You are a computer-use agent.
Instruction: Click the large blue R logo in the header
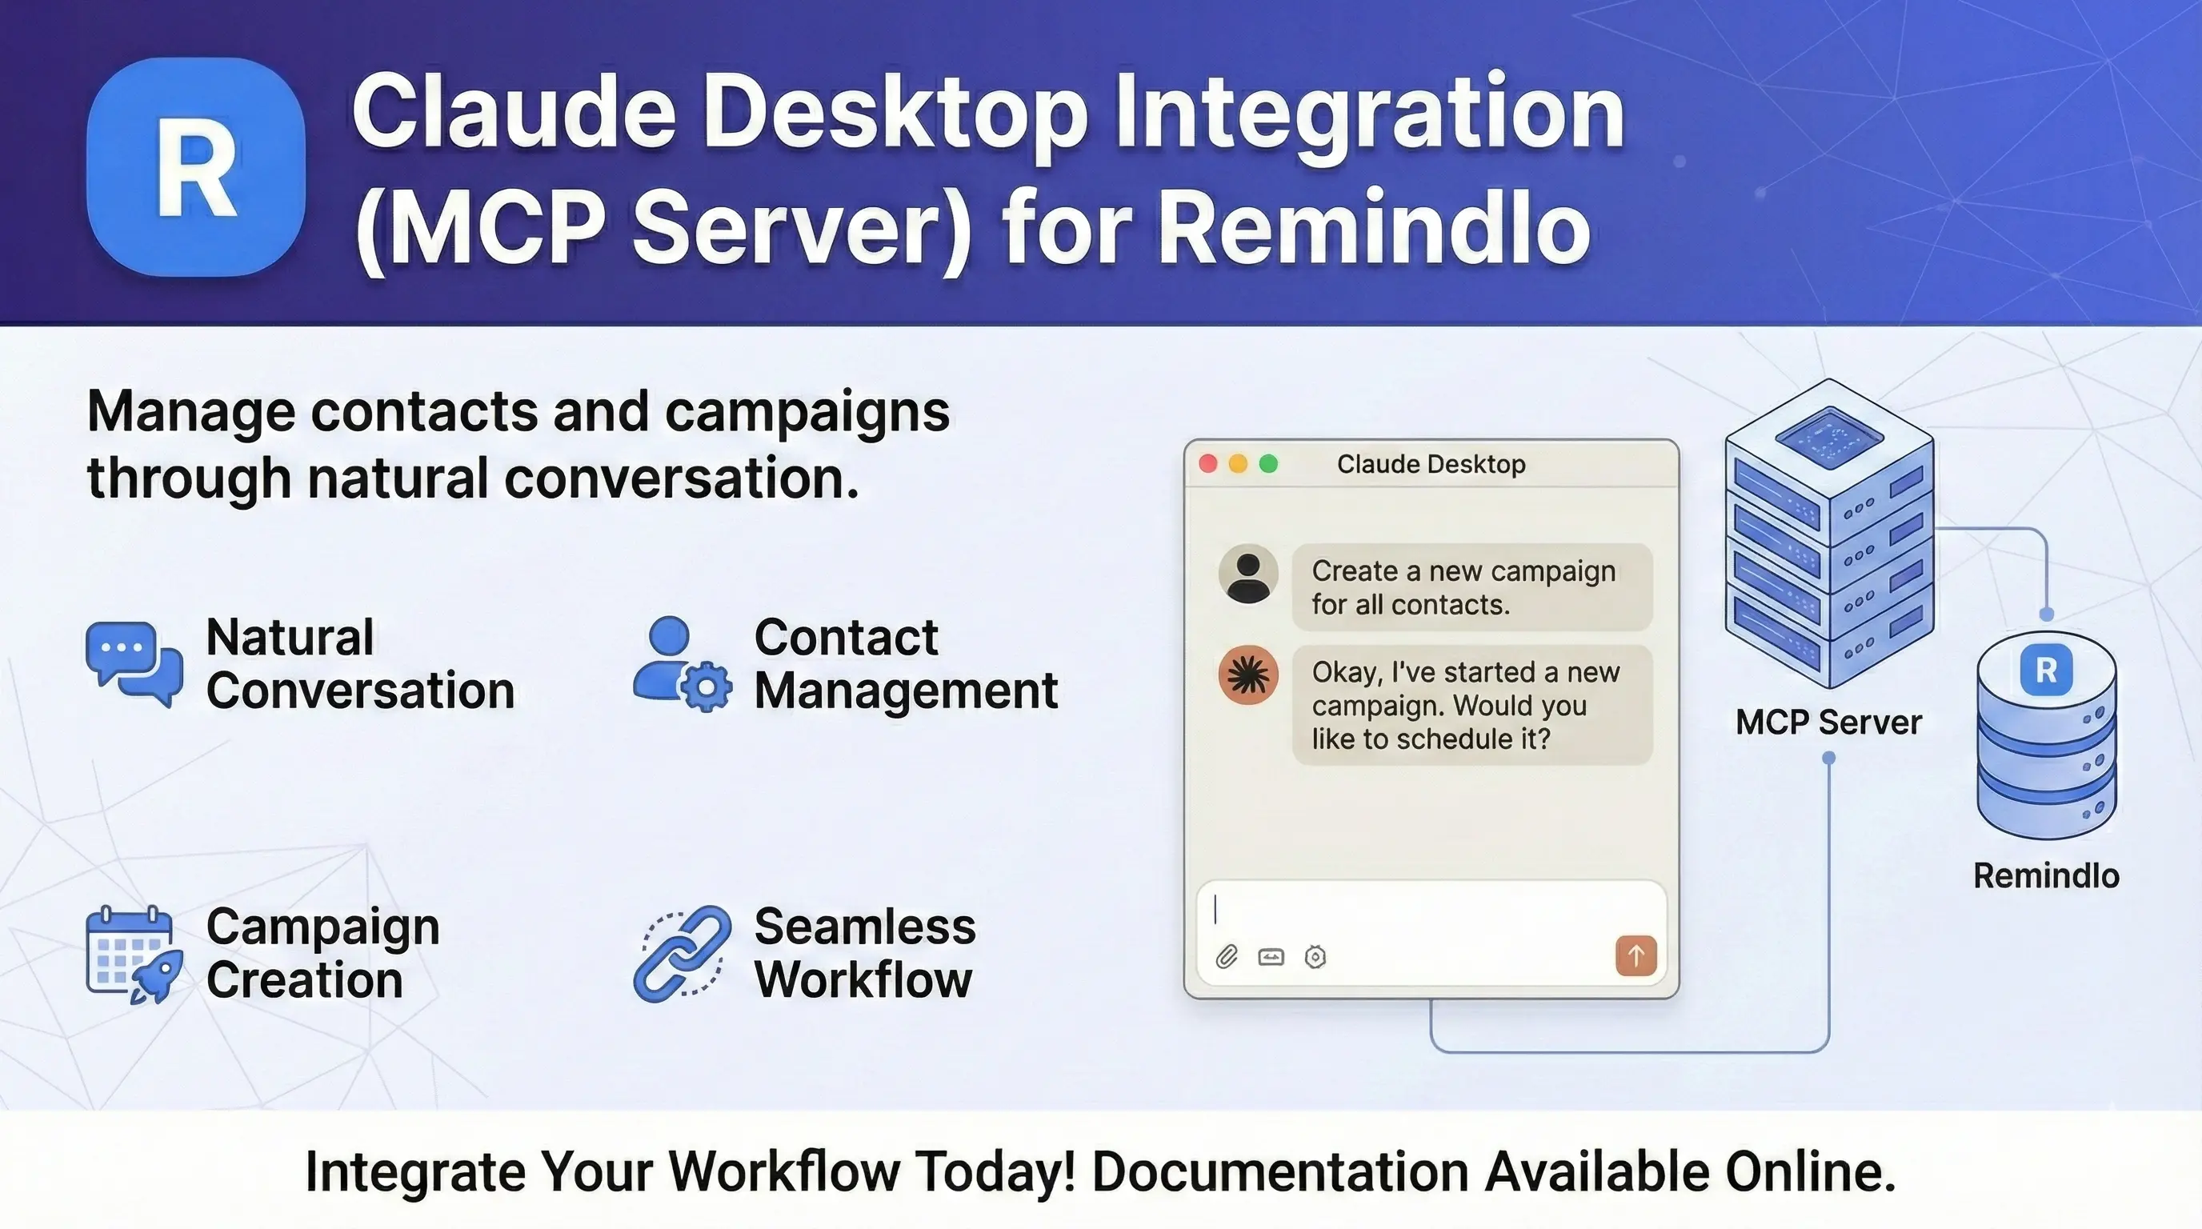click(x=196, y=166)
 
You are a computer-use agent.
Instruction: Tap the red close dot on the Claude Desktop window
click(x=1208, y=463)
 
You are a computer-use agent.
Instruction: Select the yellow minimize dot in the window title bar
click(x=1238, y=463)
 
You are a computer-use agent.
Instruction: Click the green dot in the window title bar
click(x=1268, y=463)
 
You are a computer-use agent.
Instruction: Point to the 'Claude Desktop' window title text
click(x=1431, y=464)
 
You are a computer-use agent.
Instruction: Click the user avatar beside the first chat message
click(x=1248, y=574)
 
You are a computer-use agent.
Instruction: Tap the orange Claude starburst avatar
click(x=1248, y=675)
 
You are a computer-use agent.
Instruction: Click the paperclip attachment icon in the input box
click(x=1227, y=956)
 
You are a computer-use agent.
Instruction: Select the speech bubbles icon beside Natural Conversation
click(x=134, y=664)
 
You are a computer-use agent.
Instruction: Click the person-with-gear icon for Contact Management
click(x=681, y=664)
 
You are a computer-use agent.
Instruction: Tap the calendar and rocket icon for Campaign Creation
click(x=134, y=953)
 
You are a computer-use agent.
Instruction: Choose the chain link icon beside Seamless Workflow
click(x=681, y=953)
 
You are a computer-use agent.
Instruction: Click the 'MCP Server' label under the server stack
click(x=1828, y=723)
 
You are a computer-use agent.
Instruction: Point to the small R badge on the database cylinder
click(x=2045, y=671)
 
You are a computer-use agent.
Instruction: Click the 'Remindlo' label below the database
click(x=2045, y=876)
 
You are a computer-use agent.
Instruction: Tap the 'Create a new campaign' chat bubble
click(x=1471, y=587)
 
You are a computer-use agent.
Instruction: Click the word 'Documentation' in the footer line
click(x=1279, y=1171)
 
